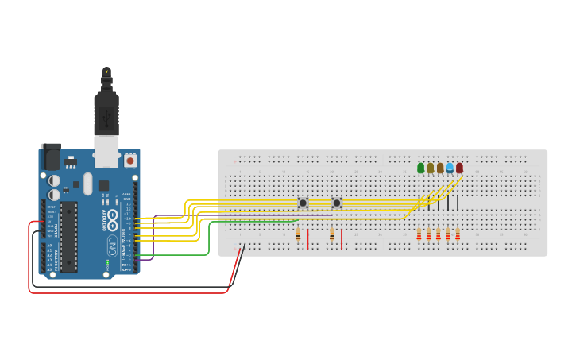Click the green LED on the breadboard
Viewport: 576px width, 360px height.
pos(421,168)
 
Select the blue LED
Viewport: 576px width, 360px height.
pos(450,168)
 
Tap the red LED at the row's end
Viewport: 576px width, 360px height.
pos(459,168)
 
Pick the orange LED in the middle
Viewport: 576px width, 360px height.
pos(440,168)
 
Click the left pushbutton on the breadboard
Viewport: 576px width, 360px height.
pos(303,203)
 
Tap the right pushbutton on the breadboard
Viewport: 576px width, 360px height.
pos(336,203)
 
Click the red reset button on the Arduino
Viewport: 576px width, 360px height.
pos(130,161)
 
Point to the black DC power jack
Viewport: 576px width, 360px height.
pos(51,157)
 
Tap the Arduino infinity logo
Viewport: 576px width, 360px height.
pos(112,216)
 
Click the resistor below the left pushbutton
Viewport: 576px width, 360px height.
pos(298,234)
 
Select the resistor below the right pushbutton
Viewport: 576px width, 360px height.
pos(332,234)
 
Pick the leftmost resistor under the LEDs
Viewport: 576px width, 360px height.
pos(419,234)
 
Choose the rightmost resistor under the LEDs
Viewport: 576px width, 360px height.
pos(458,234)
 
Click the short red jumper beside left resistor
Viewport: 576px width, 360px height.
pos(308,239)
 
